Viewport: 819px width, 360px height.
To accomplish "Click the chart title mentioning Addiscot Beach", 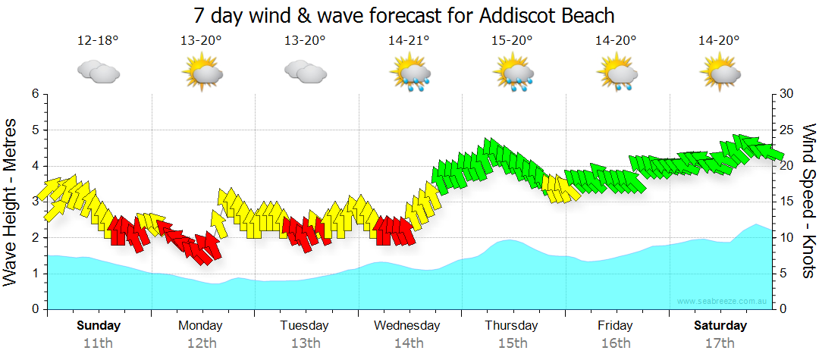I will coord(403,15).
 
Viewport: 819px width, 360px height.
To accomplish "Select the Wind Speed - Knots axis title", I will coord(807,202).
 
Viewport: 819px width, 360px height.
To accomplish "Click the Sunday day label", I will coord(98,326).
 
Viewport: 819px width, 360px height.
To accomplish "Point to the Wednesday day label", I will coord(407,326).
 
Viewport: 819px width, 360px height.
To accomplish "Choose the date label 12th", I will coord(202,343).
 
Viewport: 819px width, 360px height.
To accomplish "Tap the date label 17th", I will coord(720,343).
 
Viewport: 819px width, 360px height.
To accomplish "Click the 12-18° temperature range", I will coord(98,41).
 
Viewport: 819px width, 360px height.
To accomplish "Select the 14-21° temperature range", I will coord(409,41).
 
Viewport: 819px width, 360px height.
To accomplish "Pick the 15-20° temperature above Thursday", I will coord(513,41).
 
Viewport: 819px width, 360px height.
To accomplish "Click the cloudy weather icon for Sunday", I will coord(98,72).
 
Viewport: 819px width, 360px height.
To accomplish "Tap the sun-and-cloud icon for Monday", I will coord(202,74).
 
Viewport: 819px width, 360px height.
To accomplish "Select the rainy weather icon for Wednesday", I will coord(409,74).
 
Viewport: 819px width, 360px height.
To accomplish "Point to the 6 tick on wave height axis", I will coord(34,94).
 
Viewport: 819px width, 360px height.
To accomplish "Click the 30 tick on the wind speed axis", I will coord(786,94).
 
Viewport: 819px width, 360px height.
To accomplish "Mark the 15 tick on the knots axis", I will coord(786,202).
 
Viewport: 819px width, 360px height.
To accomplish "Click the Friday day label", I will coord(615,326).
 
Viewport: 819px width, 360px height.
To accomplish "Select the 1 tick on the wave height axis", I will coord(34,274).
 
